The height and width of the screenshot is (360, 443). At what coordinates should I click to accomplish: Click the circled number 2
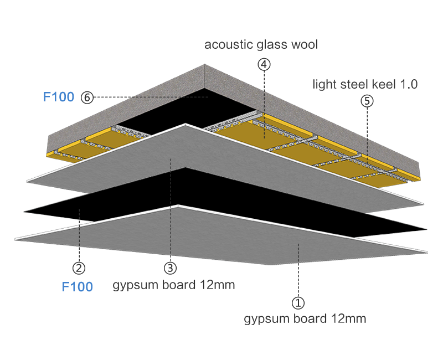point(79,269)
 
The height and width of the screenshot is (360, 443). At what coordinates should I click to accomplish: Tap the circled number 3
point(170,269)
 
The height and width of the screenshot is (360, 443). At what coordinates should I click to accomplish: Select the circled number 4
point(264,64)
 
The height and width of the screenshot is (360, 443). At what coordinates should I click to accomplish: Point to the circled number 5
point(87,97)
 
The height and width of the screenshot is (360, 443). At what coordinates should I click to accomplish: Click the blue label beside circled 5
point(59,97)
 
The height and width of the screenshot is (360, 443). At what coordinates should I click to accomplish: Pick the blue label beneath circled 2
point(77,287)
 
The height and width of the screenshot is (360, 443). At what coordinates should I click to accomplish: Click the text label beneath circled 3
point(174,285)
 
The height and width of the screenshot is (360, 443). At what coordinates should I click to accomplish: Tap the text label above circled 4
point(261,45)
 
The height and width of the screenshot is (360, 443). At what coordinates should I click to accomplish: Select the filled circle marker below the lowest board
point(298,303)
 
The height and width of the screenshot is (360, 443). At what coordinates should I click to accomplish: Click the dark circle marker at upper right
point(367,101)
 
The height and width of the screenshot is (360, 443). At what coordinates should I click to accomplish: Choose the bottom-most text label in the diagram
point(305,319)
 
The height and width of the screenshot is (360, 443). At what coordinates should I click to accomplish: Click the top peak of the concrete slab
point(205,66)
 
